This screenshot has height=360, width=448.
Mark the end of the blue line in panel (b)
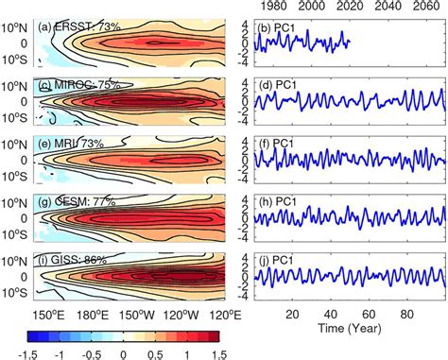pos(350,41)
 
